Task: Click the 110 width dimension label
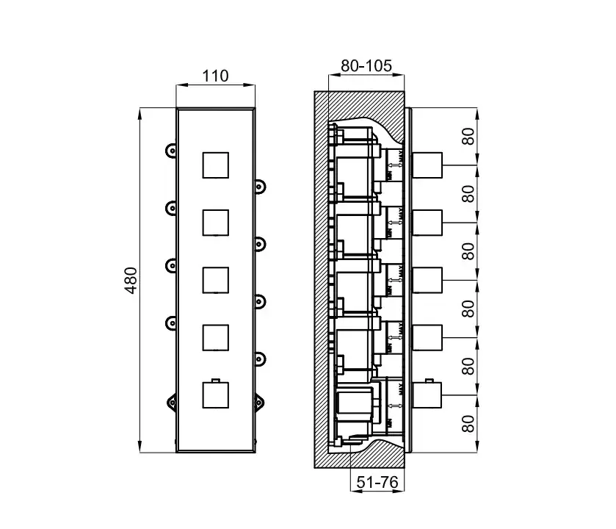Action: [214, 76]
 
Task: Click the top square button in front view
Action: [214, 165]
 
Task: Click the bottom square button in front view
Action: [214, 395]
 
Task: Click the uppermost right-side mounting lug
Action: [259, 184]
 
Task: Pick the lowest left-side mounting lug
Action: [171, 400]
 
